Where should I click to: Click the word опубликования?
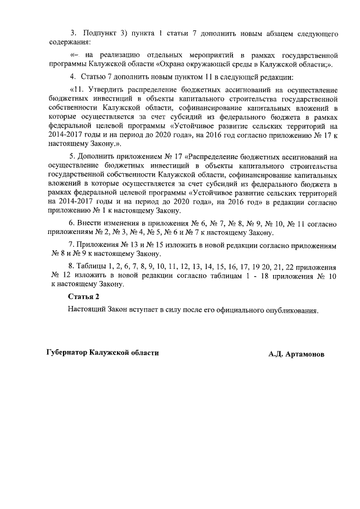(x=293, y=309)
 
